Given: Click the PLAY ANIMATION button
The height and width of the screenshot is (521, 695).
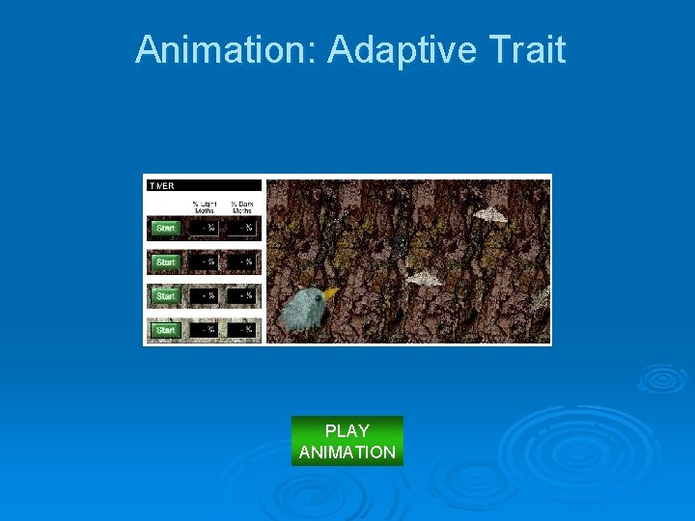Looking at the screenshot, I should (x=347, y=441).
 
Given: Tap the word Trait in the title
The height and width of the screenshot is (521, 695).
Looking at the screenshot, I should (x=529, y=49).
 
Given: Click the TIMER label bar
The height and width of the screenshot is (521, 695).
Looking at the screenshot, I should (x=204, y=185).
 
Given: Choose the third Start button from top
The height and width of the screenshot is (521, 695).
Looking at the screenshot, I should (x=166, y=296).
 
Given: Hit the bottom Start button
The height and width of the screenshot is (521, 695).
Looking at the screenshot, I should (x=166, y=330).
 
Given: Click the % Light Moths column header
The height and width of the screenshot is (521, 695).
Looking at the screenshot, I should (x=204, y=206).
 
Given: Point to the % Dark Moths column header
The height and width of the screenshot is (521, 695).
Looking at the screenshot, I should (x=241, y=206).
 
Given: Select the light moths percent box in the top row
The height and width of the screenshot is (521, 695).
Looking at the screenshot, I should (x=205, y=229).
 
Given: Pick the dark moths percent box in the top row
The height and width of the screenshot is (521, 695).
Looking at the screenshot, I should (x=242, y=229).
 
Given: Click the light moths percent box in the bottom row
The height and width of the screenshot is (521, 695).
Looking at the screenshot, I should (x=205, y=330).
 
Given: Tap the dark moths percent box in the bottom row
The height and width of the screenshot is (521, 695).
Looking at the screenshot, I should (x=242, y=330).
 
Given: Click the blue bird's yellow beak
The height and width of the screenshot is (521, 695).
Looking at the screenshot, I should (x=331, y=292).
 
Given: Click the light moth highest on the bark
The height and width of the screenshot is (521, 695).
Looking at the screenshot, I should (x=490, y=214).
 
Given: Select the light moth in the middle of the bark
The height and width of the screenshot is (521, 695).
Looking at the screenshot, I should (x=425, y=279).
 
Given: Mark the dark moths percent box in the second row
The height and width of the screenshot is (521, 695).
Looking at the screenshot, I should (x=242, y=262).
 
